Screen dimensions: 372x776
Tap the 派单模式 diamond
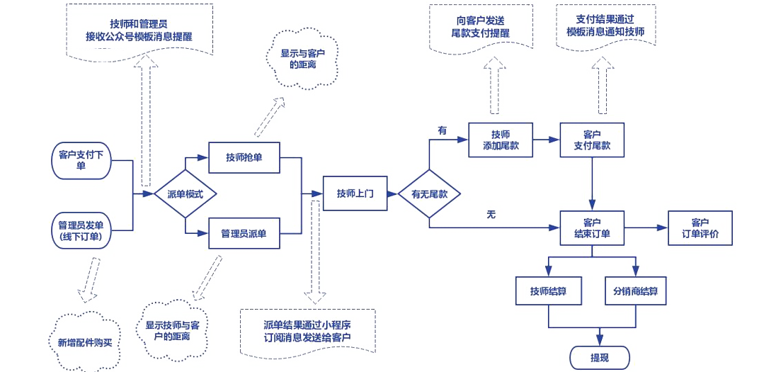point(185,193)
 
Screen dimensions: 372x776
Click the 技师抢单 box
point(244,157)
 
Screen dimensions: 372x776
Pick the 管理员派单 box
point(244,233)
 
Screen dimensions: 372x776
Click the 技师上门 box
point(355,193)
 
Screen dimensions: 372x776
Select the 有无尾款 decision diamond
point(429,193)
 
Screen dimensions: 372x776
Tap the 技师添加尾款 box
point(501,140)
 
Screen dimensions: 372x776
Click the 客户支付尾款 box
point(592,140)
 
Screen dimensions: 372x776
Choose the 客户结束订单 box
point(592,228)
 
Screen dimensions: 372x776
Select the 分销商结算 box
point(636,291)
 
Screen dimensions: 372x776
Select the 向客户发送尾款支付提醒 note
point(480,28)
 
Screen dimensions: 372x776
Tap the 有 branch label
point(443,130)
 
